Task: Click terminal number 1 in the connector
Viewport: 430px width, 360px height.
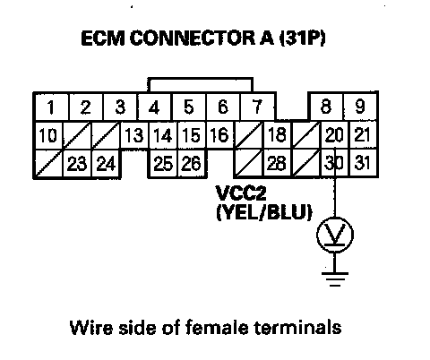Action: tap(51, 107)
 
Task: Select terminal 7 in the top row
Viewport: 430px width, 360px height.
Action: tap(257, 107)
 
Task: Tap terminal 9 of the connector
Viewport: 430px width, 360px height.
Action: tap(360, 107)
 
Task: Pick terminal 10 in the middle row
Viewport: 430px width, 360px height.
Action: tap(48, 135)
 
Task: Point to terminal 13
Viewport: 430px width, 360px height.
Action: tap(134, 135)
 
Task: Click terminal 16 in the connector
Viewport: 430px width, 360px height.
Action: tap(220, 135)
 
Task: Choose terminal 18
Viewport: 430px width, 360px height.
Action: tap(278, 135)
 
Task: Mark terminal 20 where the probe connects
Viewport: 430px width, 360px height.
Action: tap(334, 135)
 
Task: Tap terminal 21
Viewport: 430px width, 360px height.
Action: tap(363, 135)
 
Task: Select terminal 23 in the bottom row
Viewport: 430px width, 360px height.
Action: tap(77, 164)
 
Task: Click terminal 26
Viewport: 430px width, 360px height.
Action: tap(192, 164)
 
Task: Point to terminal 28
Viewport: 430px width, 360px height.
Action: tap(278, 164)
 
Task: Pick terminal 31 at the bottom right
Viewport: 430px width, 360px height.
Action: tap(363, 164)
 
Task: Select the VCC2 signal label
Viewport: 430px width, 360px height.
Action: tap(241, 193)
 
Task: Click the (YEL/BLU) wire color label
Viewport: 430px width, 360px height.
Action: tap(264, 212)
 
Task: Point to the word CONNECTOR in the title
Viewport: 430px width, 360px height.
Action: tap(193, 39)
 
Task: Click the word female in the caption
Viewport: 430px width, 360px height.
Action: tap(217, 327)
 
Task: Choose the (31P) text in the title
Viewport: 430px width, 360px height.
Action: tap(302, 39)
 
